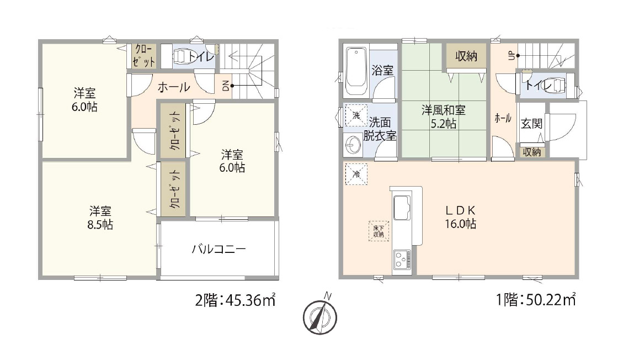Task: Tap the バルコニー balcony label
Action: click(219, 249)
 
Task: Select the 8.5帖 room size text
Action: click(100, 225)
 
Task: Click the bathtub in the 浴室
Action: click(356, 71)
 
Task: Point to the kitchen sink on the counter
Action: click(402, 208)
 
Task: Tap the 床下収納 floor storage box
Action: click(379, 231)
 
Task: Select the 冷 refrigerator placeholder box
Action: click(356, 174)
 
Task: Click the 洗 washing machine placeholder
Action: click(356, 115)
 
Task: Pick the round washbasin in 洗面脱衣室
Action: click(353, 145)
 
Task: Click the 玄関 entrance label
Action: click(532, 124)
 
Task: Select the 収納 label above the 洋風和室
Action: click(466, 56)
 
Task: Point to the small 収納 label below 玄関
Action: click(532, 152)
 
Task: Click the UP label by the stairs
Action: click(512, 56)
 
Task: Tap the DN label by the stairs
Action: click(226, 86)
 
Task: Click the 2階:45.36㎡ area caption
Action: click(235, 300)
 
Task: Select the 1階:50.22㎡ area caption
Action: click(536, 300)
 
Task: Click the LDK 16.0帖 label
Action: click(460, 217)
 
